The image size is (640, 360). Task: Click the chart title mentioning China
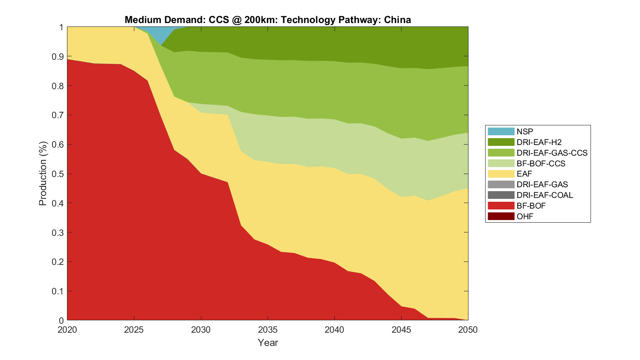[268, 20]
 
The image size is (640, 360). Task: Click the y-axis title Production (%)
[43, 174]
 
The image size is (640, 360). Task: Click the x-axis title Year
[268, 343]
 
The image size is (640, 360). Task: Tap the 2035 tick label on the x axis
[268, 330]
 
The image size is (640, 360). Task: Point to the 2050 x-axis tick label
[468, 330]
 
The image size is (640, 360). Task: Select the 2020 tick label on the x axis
[67, 330]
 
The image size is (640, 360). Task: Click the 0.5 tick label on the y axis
[58, 174]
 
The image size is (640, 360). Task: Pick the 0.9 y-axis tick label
[58, 57]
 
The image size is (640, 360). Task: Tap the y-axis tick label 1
[61, 27]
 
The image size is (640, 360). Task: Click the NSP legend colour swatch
[501, 131]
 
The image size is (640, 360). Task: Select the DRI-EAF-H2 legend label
[539, 142]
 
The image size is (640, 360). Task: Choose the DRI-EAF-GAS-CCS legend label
[552, 153]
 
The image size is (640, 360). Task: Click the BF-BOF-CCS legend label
[541, 163]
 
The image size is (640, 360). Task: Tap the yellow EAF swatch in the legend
[501, 174]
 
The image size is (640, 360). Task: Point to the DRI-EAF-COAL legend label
[544, 195]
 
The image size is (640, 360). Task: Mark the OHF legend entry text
[525, 216]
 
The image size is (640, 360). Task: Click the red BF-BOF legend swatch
[501, 206]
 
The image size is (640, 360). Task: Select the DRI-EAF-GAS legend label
[542, 184]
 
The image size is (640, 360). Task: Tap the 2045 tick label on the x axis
[401, 330]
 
